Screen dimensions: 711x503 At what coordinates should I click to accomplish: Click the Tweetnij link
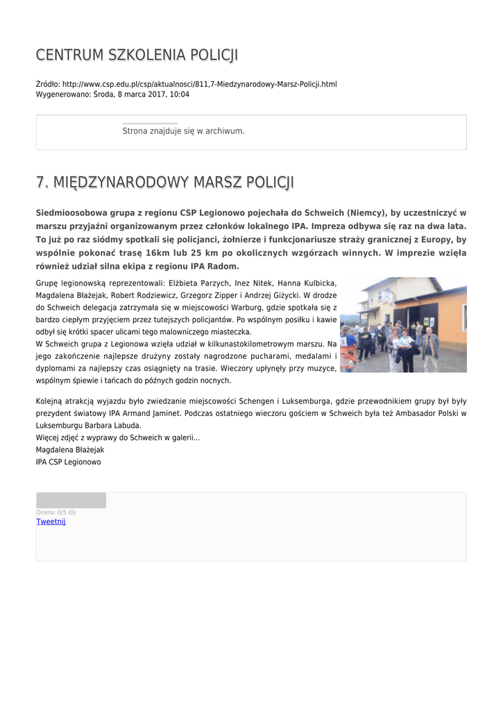[x=51, y=521]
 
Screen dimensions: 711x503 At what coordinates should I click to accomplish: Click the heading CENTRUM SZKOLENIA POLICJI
[x=137, y=55]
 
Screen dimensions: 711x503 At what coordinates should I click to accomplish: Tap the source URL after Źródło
[x=200, y=84]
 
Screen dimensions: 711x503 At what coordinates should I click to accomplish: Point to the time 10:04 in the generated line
[x=180, y=94]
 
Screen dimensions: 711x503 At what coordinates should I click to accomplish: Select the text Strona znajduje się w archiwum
[x=183, y=131]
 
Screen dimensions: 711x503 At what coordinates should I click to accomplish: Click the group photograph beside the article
[x=402, y=325]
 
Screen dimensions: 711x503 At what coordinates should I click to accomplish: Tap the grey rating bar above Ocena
[x=71, y=501]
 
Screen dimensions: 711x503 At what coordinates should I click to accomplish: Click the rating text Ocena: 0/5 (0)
[x=56, y=512]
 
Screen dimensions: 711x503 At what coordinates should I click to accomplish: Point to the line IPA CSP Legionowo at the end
[x=68, y=462]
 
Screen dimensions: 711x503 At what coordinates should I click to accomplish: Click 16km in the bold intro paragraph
[x=157, y=253]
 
